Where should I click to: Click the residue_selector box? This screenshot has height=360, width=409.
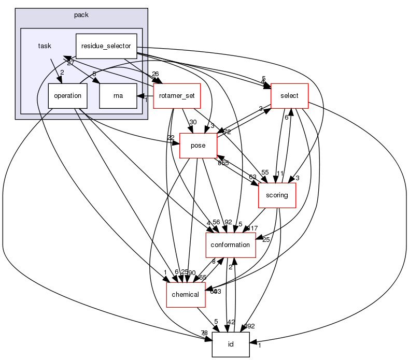click(106, 46)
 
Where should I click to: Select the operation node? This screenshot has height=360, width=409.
click(68, 95)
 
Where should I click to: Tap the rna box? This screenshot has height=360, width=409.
click(118, 95)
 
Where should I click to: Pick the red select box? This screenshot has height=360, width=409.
click(289, 95)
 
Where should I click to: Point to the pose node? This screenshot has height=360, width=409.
click(198, 146)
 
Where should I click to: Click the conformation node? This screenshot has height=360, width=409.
click(231, 245)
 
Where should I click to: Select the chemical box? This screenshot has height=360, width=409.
click(185, 294)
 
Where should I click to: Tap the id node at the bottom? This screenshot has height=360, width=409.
click(231, 344)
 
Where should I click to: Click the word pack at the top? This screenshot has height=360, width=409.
click(81, 15)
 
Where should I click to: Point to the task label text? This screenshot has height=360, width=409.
click(45, 46)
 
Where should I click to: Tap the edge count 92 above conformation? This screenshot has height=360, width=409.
click(228, 222)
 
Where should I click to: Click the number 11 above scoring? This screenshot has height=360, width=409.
click(280, 173)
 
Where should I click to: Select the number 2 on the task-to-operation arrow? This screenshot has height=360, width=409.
click(61, 73)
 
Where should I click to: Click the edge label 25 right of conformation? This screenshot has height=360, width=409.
click(266, 239)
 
